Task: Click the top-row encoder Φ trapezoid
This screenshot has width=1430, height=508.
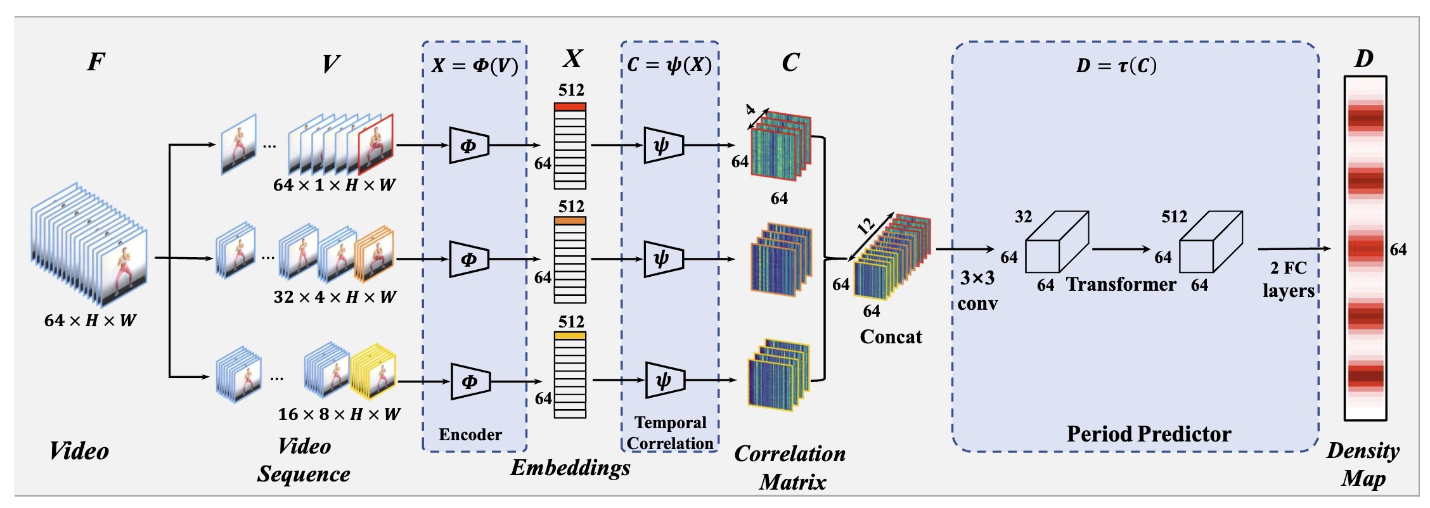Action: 468,145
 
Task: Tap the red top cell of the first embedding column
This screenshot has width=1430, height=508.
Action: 570,106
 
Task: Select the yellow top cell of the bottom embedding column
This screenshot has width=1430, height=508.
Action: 570,336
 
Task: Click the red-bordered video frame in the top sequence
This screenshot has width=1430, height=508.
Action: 376,144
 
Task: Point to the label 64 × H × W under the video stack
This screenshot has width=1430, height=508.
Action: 90,321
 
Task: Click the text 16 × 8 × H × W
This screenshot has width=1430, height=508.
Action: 339,414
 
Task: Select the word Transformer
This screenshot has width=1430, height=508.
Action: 1121,284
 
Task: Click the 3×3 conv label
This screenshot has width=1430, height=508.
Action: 977,290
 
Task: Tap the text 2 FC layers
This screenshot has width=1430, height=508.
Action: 1288,279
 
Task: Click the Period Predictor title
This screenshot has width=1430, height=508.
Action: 1149,434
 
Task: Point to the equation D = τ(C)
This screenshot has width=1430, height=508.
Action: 1116,65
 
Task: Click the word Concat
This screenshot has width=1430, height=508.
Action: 891,336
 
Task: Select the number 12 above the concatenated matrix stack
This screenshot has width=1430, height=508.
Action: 865,225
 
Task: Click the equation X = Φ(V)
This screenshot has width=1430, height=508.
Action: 475,65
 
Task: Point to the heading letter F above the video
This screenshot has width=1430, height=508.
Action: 96,61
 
